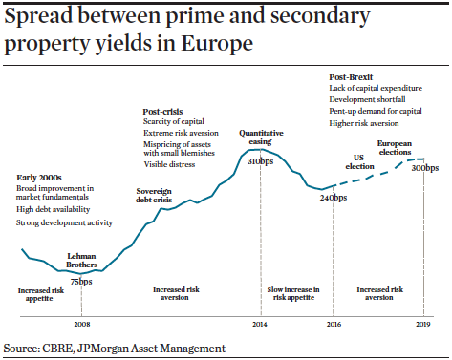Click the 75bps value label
tap(81, 281)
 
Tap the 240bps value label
tap(333, 196)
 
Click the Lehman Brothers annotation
tap(81, 263)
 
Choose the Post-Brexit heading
tap(350, 75)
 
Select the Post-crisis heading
tap(161, 111)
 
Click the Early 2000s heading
tap(39, 178)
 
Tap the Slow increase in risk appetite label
tap(293, 293)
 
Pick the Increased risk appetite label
tap(41, 293)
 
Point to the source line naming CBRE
tap(115, 349)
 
